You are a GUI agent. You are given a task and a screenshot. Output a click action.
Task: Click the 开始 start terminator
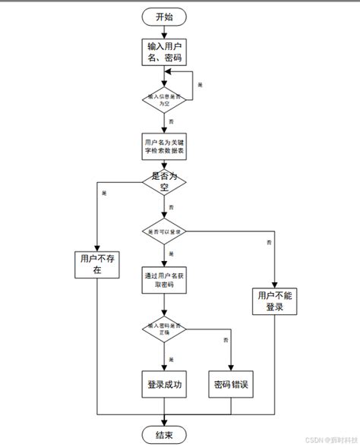pyautogui.click(x=166, y=17)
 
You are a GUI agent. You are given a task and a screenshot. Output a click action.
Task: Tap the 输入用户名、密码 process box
pyautogui.click(x=166, y=52)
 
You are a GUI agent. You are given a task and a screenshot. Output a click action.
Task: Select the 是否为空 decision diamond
pyautogui.click(x=166, y=182)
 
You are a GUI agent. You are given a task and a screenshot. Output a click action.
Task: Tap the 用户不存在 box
pyautogui.click(x=96, y=263)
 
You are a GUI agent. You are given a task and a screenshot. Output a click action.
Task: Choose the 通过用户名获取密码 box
pyautogui.click(x=166, y=279)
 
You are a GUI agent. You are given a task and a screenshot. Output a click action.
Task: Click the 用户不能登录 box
pyautogui.click(x=274, y=301)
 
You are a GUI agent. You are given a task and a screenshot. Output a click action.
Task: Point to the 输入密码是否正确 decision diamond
pyautogui.click(x=166, y=329)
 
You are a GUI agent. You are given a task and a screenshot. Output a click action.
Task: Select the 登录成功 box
pyautogui.click(x=166, y=384)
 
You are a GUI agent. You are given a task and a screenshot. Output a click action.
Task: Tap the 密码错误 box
pyautogui.click(x=231, y=384)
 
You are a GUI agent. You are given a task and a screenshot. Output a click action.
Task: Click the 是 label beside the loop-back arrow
pyautogui.click(x=200, y=84)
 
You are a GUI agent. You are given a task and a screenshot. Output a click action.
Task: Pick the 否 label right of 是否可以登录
pyautogui.click(x=269, y=242)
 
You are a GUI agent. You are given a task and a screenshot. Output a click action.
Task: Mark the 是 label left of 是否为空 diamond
pyautogui.click(x=104, y=193)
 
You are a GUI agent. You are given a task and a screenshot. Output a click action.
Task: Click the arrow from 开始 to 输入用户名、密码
pyautogui.click(x=166, y=32)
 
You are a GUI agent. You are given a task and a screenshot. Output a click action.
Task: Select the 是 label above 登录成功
pyautogui.click(x=172, y=358)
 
